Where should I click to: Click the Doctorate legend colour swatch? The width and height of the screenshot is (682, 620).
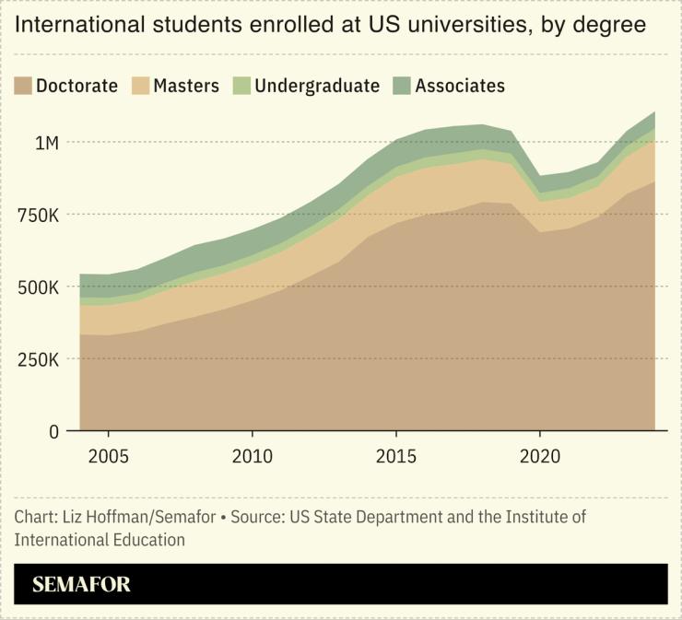coord(23,86)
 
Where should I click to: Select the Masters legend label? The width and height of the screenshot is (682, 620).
coord(186,86)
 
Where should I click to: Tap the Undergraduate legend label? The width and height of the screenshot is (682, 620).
coord(317,86)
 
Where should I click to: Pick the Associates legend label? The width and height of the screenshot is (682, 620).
coord(460,86)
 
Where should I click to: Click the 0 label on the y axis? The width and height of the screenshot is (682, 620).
coord(54,430)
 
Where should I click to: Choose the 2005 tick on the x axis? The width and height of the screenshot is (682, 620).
coord(109,456)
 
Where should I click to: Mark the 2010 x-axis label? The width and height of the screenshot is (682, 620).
coord(253,456)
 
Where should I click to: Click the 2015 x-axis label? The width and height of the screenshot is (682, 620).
coord(396,456)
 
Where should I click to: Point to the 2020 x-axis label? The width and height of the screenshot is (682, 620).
coord(539,456)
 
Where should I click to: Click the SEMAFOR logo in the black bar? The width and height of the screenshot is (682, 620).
coord(82,584)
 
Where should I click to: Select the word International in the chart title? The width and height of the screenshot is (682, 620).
coord(77,25)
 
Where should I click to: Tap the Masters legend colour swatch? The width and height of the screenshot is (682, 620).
coord(139,86)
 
